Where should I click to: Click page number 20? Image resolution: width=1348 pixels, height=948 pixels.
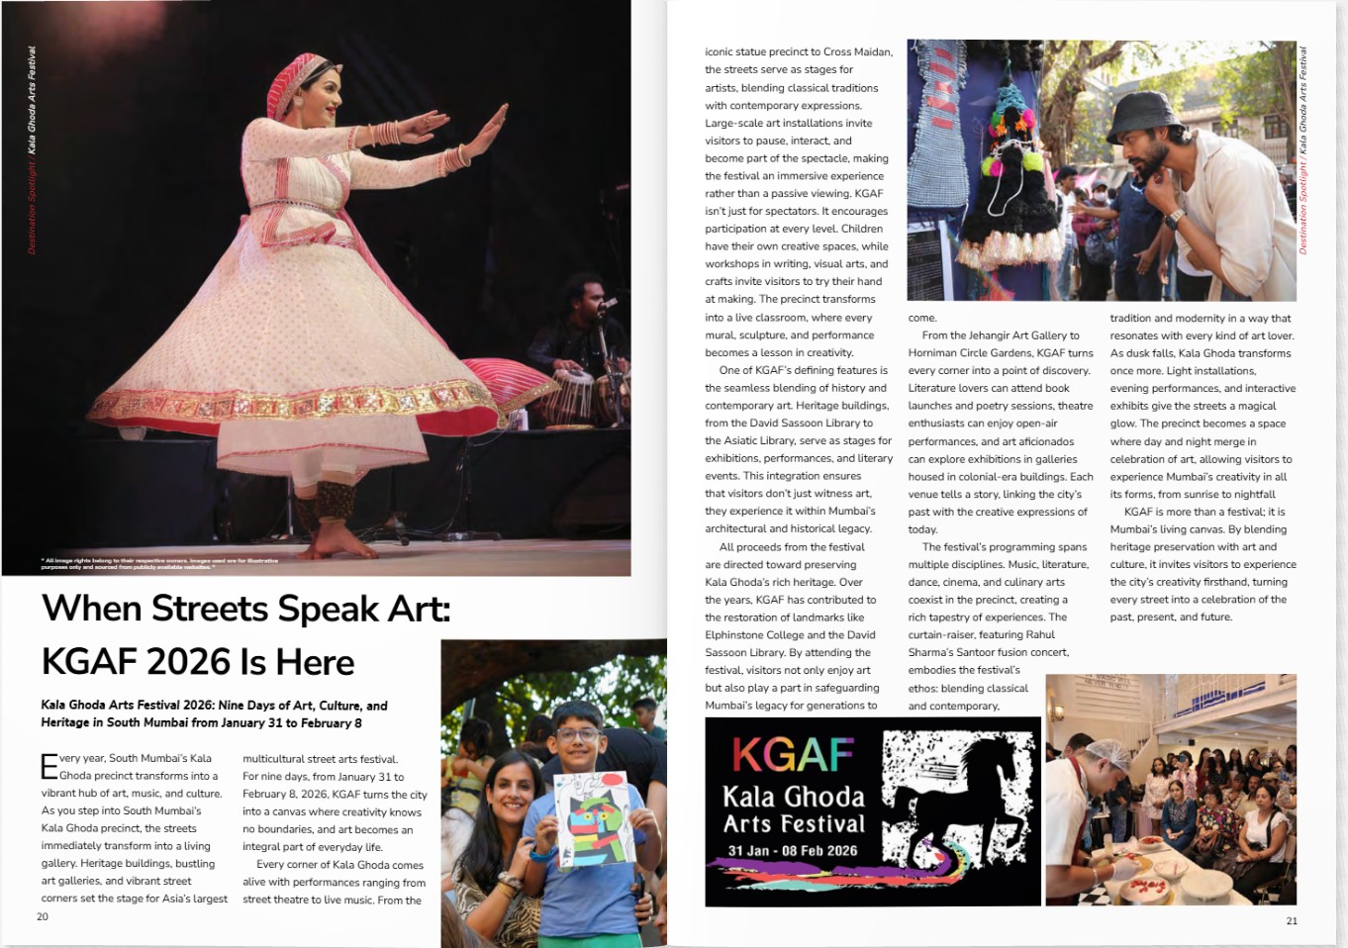[43, 916]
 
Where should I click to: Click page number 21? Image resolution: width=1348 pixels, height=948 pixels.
[1292, 920]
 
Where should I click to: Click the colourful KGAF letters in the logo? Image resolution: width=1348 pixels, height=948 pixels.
[793, 755]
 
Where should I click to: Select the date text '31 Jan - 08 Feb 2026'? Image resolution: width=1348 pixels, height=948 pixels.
[793, 851]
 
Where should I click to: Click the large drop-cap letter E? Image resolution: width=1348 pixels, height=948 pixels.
[49, 767]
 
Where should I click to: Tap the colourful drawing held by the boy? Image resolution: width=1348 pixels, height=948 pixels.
[591, 817]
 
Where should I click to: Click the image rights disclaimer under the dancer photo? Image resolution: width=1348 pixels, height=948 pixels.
[159, 564]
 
